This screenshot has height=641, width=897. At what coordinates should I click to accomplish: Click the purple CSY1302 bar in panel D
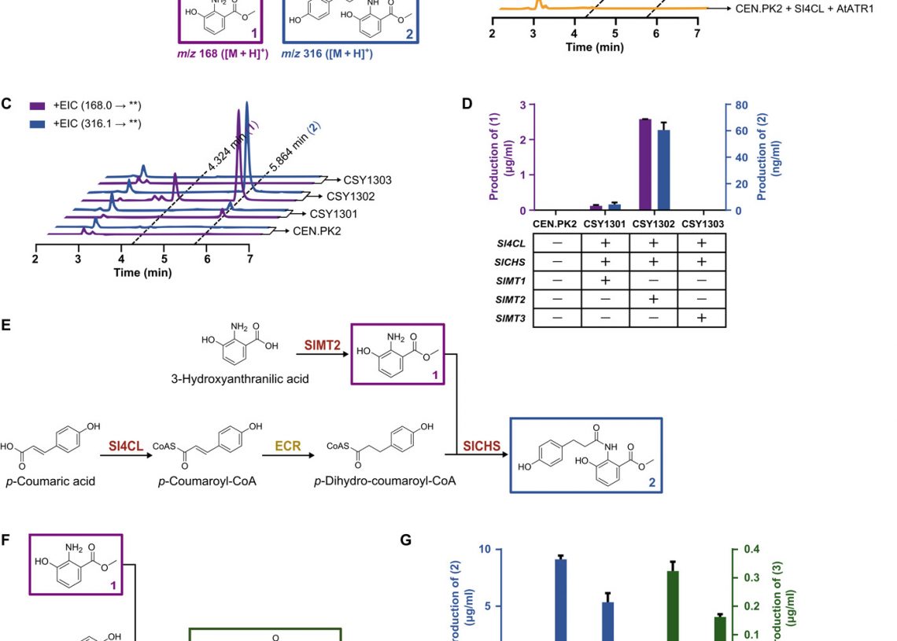(645, 164)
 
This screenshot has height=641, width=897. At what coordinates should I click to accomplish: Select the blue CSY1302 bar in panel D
(664, 170)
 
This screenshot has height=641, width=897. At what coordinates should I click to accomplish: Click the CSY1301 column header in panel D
(605, 224)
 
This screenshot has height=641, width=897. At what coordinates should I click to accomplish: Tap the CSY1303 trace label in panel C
(367, 179)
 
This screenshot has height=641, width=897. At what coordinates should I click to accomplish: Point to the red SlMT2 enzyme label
(322, 344)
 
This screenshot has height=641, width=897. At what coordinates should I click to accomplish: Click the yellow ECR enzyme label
(287, 446)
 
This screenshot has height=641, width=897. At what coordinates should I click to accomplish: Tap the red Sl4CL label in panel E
(126, 446)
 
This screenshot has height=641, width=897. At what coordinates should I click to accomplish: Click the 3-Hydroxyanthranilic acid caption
(239, 379)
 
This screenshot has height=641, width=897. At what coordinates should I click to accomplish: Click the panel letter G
(405, 540)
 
